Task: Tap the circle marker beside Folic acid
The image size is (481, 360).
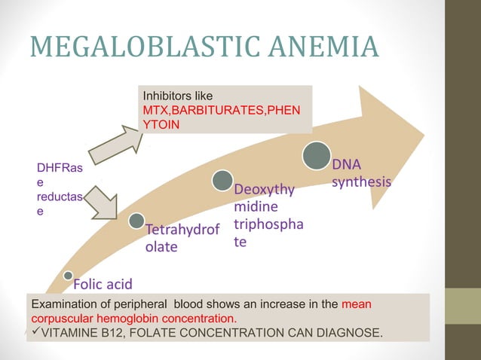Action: pos(69,276)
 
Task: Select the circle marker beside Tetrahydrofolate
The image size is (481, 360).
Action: pos(136,221)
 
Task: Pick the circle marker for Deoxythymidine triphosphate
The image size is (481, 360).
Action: pos(222,180)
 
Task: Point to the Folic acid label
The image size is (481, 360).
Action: pos(103,284)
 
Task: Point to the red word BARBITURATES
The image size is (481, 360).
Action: pos(215,110)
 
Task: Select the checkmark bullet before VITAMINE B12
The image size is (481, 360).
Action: pos(32,333)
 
